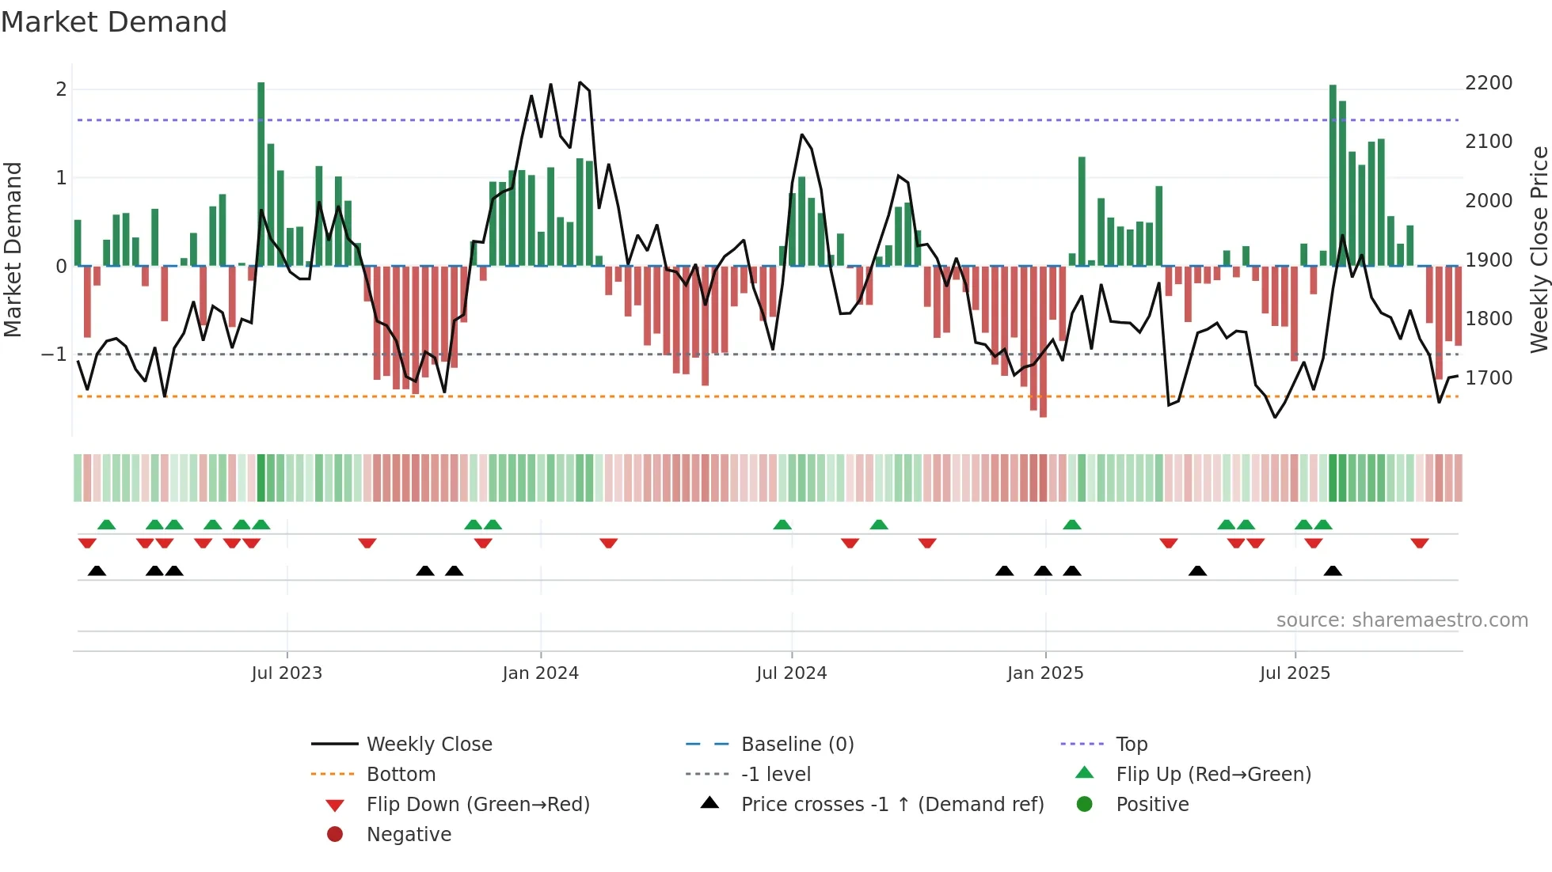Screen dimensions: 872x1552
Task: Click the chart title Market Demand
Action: coord(114,22)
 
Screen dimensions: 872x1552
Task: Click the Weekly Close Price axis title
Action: coord(1539,249)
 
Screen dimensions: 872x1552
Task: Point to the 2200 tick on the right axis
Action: coord(1488,83)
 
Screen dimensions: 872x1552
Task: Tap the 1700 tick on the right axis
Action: coord(1488,378)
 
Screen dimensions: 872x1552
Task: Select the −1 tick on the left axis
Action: coord(54,354)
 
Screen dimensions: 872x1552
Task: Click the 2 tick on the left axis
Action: coord(61,89)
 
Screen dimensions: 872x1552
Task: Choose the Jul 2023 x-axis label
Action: coord(287,673)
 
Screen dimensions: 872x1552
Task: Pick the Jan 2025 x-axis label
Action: coord(1044,673)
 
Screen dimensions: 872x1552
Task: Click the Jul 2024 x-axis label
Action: coord(791,673)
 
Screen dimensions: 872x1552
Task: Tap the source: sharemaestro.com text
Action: coord(1402,620)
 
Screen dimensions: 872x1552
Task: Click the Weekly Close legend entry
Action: coord(428,745)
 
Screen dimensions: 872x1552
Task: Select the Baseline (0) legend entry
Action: coord(797,745)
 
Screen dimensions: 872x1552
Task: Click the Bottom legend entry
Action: coord(401,775)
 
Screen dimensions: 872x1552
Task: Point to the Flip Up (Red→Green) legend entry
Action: coord(1213,775)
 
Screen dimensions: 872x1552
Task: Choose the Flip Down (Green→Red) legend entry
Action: coord(477,805)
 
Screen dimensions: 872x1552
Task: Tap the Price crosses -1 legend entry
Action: coord(892,805)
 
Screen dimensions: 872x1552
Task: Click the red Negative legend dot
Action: coord(335,835)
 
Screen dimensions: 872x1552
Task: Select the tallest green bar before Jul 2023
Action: coord(261,174)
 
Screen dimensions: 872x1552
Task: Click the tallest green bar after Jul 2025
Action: coord(1333,174)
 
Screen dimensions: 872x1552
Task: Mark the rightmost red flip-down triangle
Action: coord(1419,543)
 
